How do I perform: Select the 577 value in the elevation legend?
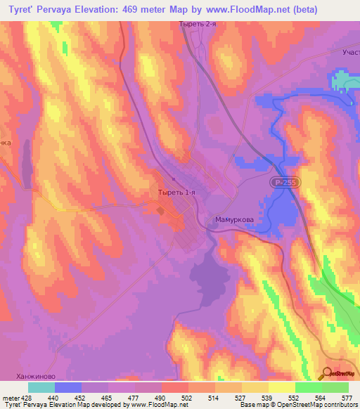[347, 396]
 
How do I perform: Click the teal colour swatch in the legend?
[41, 387]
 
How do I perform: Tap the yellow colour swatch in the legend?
[281, 387]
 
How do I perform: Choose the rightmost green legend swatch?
[335, 387]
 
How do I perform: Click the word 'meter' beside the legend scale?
[11, 396]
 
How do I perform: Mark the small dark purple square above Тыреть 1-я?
[174, 178]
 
